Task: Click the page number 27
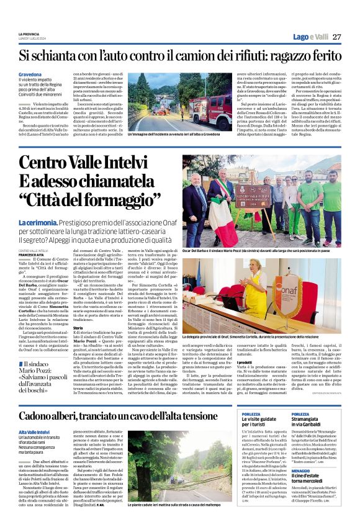pyautogui.click(x=336, y=37)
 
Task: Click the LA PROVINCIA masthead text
pyautogui.click(x=29, y=34)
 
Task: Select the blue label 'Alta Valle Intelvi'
pyautogui.click(x=34, y=413)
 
